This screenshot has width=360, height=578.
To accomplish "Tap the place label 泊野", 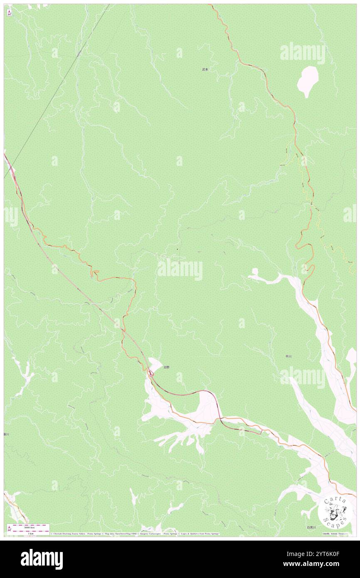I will coord(166,367).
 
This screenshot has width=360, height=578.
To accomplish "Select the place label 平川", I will coord(288,356).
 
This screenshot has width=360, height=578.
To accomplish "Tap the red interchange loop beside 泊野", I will coord(152,374).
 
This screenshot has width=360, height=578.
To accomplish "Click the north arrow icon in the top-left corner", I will coord(9,12).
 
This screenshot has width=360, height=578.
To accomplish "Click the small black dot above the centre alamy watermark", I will coord(177,249).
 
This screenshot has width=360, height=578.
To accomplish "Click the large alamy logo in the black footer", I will coord(42,558).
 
